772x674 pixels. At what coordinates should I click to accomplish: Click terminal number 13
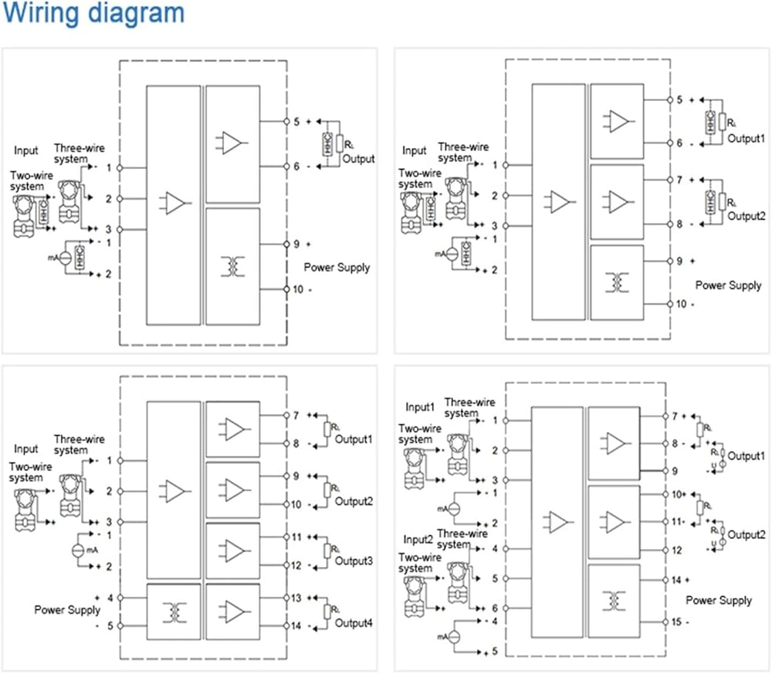coord(296,598)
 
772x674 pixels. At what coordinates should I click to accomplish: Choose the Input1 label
coord(422,407)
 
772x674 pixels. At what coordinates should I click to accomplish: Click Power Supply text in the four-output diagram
coord(67,610)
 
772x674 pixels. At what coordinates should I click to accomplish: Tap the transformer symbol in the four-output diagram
coord(174,612)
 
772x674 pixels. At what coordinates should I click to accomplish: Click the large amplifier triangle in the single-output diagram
coord(175,203)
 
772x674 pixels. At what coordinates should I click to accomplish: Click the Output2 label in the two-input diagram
coord(747,534)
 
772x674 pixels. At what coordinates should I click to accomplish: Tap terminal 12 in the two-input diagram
coord(677,550)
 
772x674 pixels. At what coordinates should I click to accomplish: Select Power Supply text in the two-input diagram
coord(719,600)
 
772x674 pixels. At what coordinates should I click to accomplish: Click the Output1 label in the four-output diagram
coord(354,439)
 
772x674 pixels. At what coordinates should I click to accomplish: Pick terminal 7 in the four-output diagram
coord(296,416)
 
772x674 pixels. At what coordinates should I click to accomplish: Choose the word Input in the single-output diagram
coord(26,150)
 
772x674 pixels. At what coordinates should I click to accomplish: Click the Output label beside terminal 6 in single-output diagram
coord(359,159)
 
